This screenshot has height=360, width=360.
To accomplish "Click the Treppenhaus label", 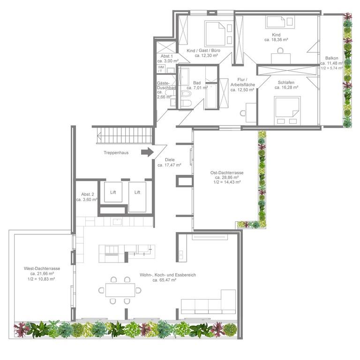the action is (116, 153).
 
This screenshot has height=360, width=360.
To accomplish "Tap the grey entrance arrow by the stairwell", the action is (147, 152).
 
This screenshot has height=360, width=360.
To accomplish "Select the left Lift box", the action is (113, 192).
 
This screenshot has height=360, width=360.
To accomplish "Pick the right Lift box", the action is (137, 197).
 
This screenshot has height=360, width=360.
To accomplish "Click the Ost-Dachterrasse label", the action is (227, 172).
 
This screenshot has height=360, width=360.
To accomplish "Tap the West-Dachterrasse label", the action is (42, 269).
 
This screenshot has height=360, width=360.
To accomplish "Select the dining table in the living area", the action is (120, 290).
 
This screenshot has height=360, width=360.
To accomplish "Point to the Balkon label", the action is (332, 58).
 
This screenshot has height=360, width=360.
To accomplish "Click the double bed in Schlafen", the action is (287, 111).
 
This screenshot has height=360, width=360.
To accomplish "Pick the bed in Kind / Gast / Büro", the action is (215, 34).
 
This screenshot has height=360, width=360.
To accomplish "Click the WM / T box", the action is (161, 69).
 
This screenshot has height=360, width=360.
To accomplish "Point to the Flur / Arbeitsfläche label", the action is (243, 82).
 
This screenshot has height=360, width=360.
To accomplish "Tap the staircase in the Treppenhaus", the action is (124, 135).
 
